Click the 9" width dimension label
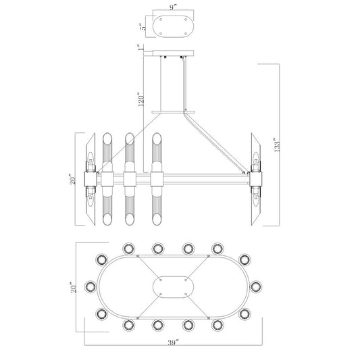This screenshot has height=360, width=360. pos(173,7)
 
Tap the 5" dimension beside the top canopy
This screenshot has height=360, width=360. pos(143,26)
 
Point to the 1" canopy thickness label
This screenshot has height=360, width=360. pos(140,48)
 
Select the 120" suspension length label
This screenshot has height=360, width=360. pos(141,99)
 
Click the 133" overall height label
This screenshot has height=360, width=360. pos(277,145)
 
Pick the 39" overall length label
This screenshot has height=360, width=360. pos(173,343)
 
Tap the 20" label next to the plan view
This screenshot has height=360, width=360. pos(74,287)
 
